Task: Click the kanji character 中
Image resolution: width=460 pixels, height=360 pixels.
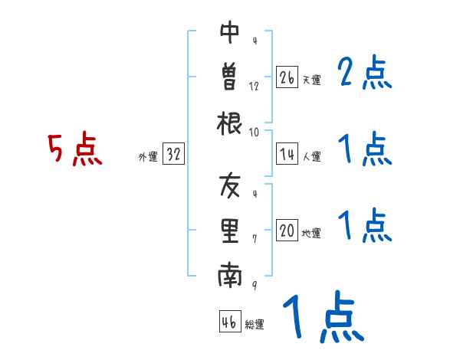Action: tap(230, 33)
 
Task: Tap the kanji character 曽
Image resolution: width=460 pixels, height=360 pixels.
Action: tap(230, 77)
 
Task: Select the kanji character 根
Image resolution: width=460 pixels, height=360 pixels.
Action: tap(230, 123)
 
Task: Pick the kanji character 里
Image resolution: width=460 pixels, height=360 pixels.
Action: tap(230, 231)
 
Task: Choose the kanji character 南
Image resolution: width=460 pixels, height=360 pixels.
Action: tap(230, 277)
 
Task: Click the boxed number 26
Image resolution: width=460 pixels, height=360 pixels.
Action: tap(287, 77)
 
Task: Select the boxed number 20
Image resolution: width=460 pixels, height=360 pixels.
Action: tap(287, 231)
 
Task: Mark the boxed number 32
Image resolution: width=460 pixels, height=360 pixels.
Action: tap(174, 155)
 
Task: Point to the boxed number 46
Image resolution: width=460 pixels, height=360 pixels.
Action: tap(229, 322)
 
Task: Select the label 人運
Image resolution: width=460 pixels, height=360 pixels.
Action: tap(312, 157)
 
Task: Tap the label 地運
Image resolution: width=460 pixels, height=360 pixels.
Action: tap(312, 234)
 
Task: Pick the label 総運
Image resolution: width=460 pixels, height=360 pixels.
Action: tap(255, 325)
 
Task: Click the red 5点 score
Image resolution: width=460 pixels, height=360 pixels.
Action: tap(75, 150)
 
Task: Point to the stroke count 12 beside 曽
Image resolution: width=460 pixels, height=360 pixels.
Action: tap(255, 86)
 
